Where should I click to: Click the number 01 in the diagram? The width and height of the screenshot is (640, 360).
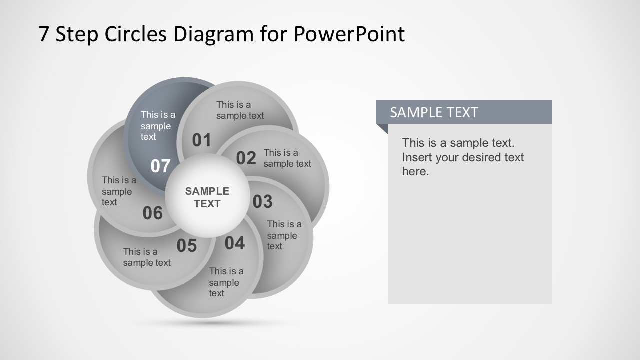202,140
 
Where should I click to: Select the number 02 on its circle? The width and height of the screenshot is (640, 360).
246,158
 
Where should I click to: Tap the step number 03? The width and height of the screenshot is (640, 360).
262,202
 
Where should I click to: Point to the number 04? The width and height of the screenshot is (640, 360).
234,243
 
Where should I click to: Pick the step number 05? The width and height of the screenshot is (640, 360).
186,246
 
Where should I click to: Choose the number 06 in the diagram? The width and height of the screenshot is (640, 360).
152,213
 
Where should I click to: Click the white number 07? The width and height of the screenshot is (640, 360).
160,166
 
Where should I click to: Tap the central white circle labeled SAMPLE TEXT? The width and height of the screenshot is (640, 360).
207,197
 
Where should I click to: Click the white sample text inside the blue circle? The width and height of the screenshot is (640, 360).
157,126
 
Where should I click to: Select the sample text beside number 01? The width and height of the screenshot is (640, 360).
240,110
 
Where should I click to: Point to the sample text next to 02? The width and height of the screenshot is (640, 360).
287,158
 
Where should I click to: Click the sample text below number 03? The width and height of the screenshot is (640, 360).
283,235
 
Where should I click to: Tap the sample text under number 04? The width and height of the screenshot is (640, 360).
226,282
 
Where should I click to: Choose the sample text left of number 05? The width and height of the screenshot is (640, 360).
147,257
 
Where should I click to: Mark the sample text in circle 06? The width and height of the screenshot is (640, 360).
119,191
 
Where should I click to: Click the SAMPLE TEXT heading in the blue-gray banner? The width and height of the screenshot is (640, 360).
434,112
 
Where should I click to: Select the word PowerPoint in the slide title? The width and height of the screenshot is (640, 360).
349,34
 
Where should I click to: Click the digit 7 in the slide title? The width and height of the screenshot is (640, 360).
44,34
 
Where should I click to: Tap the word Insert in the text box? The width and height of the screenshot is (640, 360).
417,157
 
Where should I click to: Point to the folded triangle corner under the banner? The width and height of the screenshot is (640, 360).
382,128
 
